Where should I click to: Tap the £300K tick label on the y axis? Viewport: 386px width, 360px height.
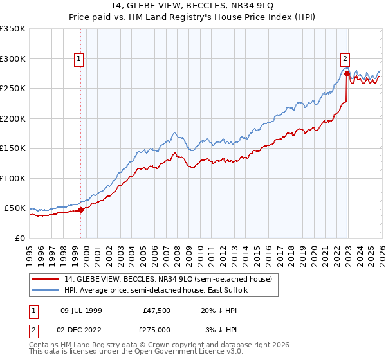point(13,59)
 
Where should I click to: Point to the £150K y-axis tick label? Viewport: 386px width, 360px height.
point(13,148)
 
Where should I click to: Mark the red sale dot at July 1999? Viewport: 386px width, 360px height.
point(81,210)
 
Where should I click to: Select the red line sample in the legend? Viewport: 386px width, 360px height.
point(46,279)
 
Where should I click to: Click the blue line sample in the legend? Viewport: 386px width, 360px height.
point(46,290)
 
